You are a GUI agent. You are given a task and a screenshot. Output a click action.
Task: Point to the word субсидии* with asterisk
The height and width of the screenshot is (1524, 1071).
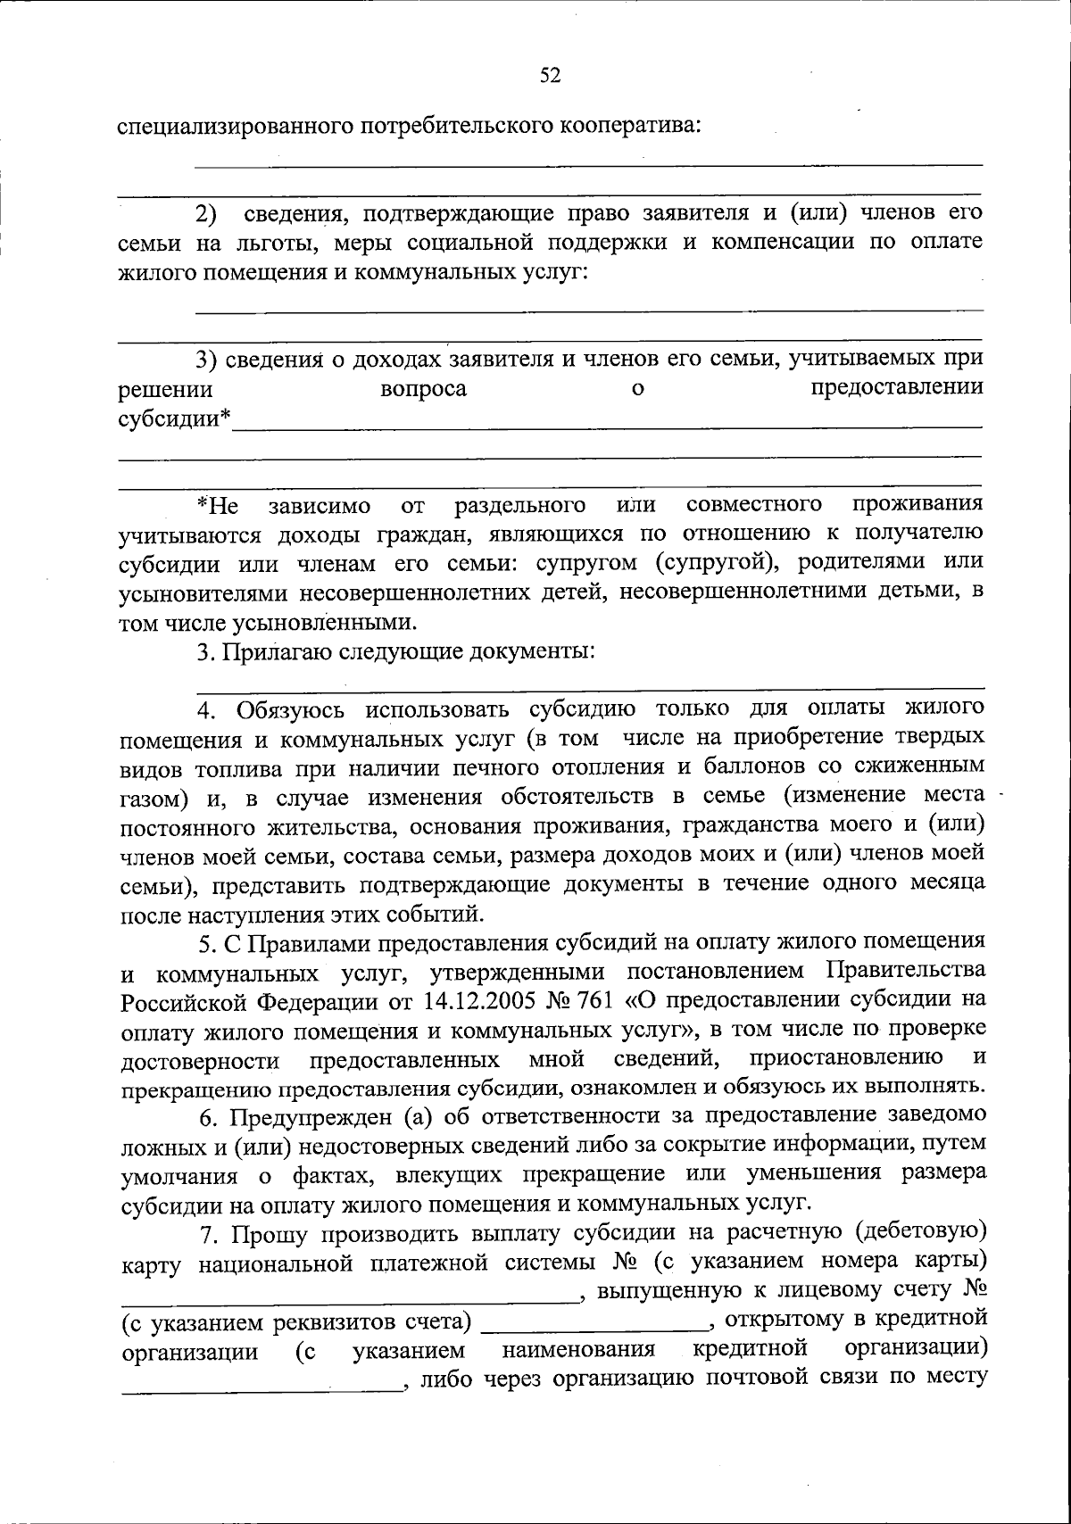pyautogui.click(x=175, y=418)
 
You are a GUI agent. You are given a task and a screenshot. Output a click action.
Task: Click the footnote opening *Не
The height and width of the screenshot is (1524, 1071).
pyautogui.click(x=218, y=506)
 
